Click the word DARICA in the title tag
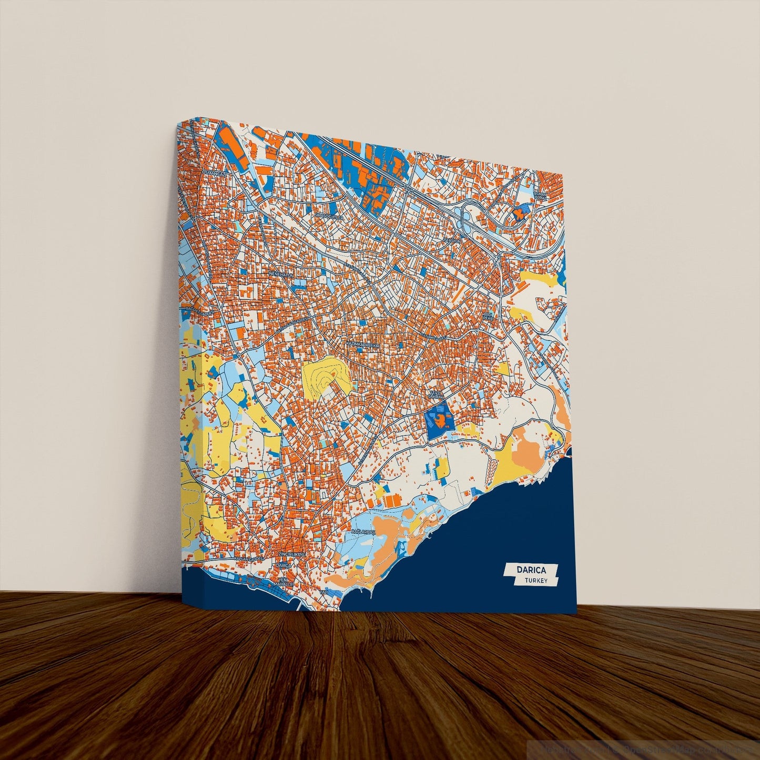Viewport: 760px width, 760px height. [x=531, y=570]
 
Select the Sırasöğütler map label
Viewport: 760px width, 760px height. [x=329, y=216]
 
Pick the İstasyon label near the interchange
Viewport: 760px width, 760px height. [x=452, y=240]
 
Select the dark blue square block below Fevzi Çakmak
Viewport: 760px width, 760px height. [x=439, y=418]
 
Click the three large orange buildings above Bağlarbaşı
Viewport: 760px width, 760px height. [x=391, y=500]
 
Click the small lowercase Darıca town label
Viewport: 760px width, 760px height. [x=283, y=565]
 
